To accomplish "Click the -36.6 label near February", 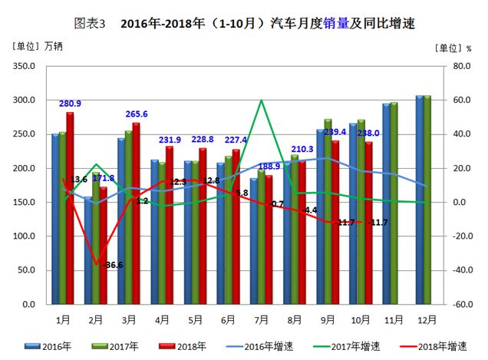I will (x=111, y=265).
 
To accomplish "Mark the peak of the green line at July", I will (x=262, y=101).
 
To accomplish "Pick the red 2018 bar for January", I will (x=70, y=208).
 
